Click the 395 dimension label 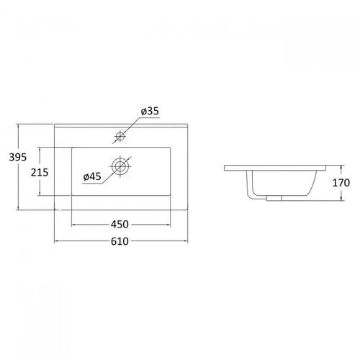point(18,157)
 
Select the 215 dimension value point(40,172)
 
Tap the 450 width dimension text point(120,225)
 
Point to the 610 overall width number point(120,241)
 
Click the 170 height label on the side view point(341,183)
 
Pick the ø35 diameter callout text point(150,112)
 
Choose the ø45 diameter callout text point(92,177)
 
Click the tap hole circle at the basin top point(120,136)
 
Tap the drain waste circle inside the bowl point(120,166)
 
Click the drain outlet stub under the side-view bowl point(274,198)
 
